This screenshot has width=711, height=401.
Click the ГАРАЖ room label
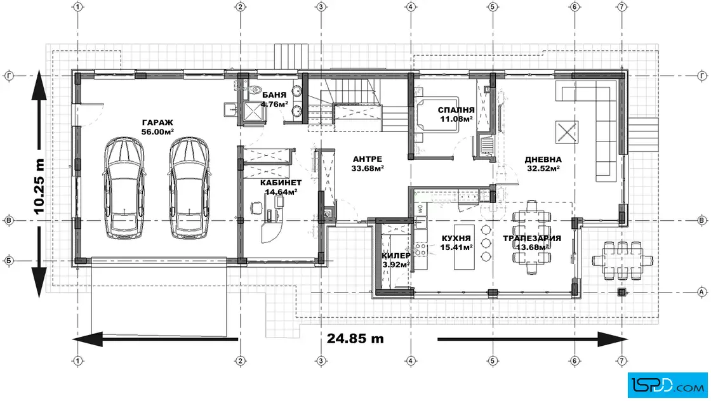point(157,123)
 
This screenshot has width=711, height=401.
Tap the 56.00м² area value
point(157,132)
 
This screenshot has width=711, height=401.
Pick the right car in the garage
point(190,188)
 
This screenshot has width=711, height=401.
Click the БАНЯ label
point(274,95)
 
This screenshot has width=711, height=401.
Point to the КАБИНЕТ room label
point(281,183)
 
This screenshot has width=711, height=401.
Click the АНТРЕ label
point(368,159)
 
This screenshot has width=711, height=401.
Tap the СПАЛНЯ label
point(456,110)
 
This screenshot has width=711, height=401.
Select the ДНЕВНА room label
point(543,159)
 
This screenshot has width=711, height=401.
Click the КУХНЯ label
point(456,239)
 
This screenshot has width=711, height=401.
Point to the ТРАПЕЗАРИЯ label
point(532,239)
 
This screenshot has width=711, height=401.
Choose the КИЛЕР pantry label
point(396,256)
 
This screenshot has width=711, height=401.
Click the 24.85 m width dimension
point(355,338)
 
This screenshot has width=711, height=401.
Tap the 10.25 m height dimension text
point(39,187)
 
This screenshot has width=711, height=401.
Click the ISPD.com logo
point(667,385)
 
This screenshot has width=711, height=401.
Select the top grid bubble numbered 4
point(411,7)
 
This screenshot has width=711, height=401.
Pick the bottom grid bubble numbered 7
point(621,361)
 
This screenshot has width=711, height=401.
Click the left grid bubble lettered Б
point(9,261)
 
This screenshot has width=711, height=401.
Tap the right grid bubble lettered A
point(702,293)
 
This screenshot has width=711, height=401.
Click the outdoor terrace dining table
point(622,261)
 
